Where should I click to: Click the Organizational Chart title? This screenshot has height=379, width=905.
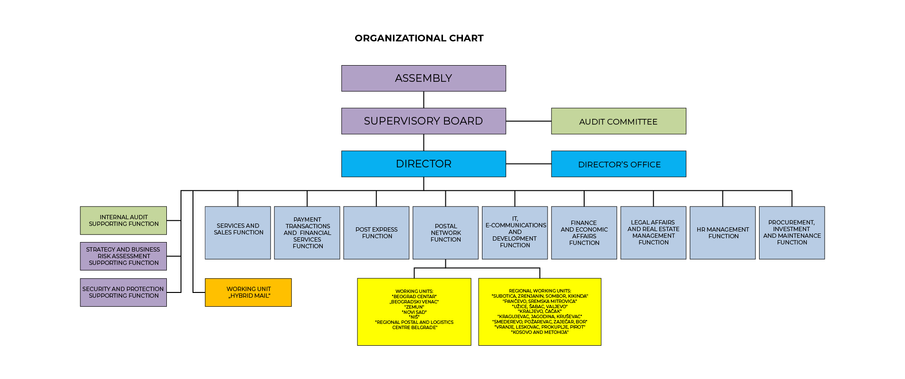coord(419,38)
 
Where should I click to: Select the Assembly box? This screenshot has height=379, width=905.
coord(424,78)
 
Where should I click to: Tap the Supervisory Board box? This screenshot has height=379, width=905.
coord(424,121)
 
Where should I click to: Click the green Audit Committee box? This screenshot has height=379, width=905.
coord(618,121)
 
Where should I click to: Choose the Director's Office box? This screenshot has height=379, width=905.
coord(618,164)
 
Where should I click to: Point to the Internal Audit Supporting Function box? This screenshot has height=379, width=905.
coord(123,221)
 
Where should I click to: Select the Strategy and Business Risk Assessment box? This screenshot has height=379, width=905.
coord(123,256)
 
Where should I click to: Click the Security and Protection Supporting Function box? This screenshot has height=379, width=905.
coord(123,292)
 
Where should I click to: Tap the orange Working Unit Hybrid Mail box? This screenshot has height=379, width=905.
coord(248,292)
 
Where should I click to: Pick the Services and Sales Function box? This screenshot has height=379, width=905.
coord(238,233)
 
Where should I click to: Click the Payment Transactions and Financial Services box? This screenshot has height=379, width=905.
coord(307,233)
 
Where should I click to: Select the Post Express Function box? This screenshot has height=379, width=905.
coord(376,233)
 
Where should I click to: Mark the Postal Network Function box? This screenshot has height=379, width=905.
coord(445,233)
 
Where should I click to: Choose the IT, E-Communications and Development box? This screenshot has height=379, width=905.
coord(515,233)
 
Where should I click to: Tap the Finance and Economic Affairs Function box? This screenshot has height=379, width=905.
coord(584,233)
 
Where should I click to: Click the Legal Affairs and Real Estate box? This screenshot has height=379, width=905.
coord(653,233)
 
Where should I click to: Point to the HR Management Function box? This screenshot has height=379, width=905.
coord(722,233)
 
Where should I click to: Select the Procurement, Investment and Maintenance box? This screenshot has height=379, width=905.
coord(792,233)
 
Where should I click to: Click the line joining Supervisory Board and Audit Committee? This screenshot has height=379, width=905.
coord(529,121)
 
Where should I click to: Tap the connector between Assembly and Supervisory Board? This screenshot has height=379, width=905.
coord(424,100)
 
